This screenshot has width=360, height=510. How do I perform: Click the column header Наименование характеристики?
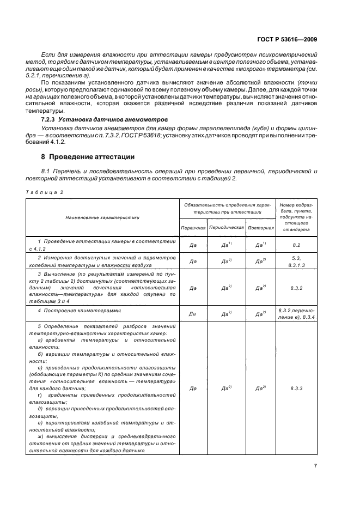(x=102, y=217)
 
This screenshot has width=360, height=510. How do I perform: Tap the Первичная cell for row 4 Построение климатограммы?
(x=192, y=314)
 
